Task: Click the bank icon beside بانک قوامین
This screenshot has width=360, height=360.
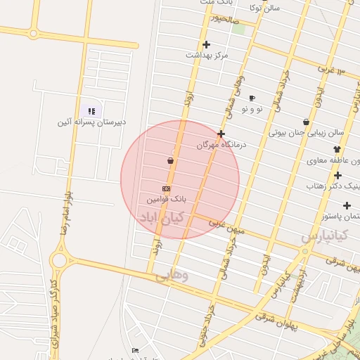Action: [166, 188]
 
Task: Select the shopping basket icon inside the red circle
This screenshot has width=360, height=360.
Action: [171, 161]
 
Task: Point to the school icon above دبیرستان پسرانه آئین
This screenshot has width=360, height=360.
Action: [91, 110]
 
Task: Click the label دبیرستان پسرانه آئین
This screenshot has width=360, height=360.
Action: [92, 122]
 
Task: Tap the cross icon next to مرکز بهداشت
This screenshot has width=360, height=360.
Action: [206, 44]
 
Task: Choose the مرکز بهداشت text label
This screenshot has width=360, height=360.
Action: [207, 55]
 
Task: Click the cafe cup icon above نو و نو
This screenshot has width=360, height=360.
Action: [252, 98]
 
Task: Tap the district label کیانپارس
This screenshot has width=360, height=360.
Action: [324, 236]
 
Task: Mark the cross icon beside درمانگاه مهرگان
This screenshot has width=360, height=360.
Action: [221, 134]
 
